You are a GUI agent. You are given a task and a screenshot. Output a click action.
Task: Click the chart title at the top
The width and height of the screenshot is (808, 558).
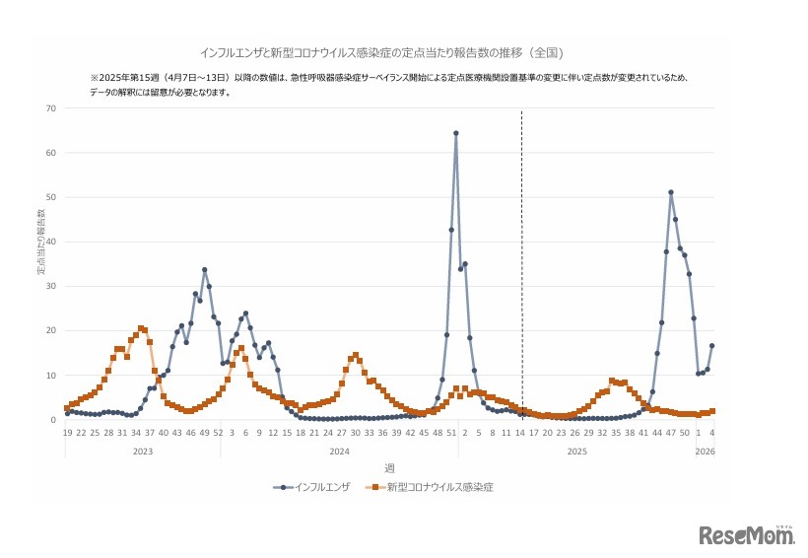tap(382, 50)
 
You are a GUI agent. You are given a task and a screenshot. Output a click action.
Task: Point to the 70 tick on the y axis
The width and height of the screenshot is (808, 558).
tap(49, 108)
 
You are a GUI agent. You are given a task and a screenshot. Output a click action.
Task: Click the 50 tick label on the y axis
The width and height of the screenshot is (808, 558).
tap(49, 197)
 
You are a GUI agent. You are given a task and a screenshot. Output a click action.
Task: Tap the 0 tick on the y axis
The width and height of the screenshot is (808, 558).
tap(52, 420)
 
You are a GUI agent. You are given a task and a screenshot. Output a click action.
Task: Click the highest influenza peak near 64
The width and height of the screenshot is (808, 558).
tap(455, 133)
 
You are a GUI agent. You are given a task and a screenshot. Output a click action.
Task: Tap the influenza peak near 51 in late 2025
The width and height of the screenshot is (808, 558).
tap(670, 192)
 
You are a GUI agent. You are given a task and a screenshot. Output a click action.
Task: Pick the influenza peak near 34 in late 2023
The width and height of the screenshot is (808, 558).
tap(204, 269)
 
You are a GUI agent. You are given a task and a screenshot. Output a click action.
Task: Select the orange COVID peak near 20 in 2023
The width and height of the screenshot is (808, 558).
tap(141, 328)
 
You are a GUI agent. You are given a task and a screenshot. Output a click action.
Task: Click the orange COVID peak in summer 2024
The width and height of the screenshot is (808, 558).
tap(355, 355)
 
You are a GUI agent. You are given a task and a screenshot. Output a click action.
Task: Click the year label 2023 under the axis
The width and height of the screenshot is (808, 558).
tap(142, 451)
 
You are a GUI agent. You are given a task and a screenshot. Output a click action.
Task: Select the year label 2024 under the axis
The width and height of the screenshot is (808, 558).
tap(339, 451)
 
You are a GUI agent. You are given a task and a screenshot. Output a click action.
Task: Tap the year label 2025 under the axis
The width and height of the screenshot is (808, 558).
tap(576, 451)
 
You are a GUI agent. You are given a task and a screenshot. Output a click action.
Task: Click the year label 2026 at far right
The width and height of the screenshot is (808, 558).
tap(705, 451)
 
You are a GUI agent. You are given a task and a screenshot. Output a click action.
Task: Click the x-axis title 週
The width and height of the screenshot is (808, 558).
tap(389, 467)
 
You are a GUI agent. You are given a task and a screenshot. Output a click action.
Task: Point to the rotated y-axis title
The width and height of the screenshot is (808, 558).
tap(41, 242)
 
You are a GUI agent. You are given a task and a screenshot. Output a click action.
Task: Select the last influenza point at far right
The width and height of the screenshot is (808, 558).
tap(711, 346)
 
